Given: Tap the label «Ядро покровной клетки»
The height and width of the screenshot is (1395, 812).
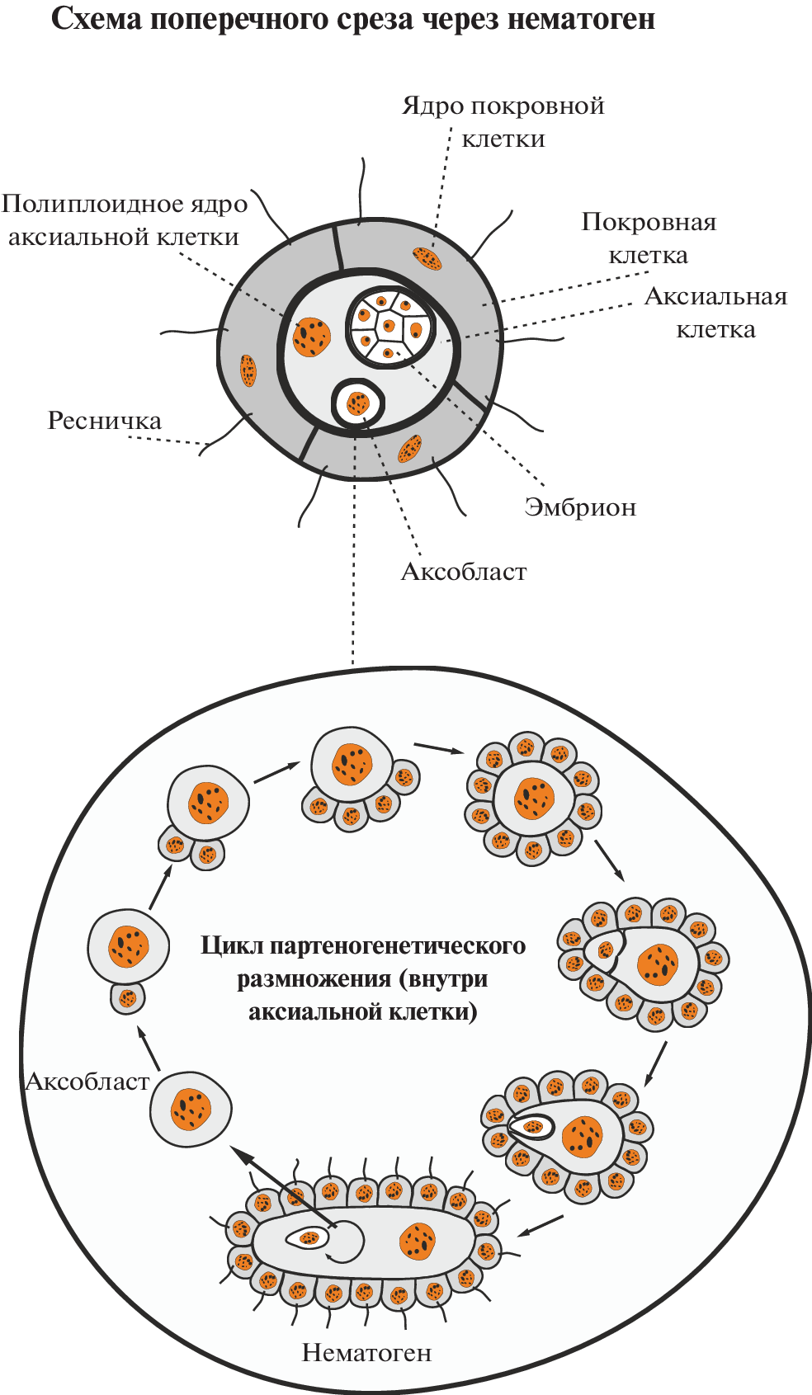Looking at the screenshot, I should pyautogui.click(x=503, y=121).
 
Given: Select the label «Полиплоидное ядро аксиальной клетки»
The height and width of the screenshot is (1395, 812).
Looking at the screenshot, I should pyautogui.click(x=125, y=220).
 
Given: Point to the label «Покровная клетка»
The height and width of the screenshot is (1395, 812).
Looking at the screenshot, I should pyautogui.click(x=649, y=238).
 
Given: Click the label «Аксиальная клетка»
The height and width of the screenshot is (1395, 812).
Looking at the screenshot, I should pyautogui.click(x=715, y=313).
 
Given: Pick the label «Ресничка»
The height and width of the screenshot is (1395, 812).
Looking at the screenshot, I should pyautogui.click(x=105, y=421).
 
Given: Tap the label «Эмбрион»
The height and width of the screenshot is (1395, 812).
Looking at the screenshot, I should pyautogui.click(x=580, y=507).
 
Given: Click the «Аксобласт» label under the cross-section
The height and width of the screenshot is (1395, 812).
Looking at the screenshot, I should pyautogui.click(x=464, y=572).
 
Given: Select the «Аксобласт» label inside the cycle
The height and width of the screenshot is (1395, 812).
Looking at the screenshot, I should pyautogui.click(x=87, y=1082).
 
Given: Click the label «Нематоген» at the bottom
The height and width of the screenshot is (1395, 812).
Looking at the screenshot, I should pyautogui.click(x=366, y=1353).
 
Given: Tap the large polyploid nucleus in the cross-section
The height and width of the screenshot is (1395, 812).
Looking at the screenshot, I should pyautogui.click(x=312, y=337).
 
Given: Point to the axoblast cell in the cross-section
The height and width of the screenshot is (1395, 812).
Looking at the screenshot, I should pyautogui.click(x=358, y=404).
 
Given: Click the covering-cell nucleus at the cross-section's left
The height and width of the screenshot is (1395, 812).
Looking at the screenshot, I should pyautogui.click(x=248, y=370).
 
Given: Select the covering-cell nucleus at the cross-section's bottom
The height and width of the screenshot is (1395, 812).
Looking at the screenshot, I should pyautogui.click(x=410, y=449).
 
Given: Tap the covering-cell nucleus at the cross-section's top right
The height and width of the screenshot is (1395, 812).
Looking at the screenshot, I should pyautogui.click(x=427, y=259).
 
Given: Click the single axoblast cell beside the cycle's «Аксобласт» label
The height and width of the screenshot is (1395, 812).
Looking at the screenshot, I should pyautogui.click(x=191, y=1110).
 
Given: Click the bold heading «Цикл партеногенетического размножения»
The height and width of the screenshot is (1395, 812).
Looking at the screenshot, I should pyautogui.click(x=363, y=978).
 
